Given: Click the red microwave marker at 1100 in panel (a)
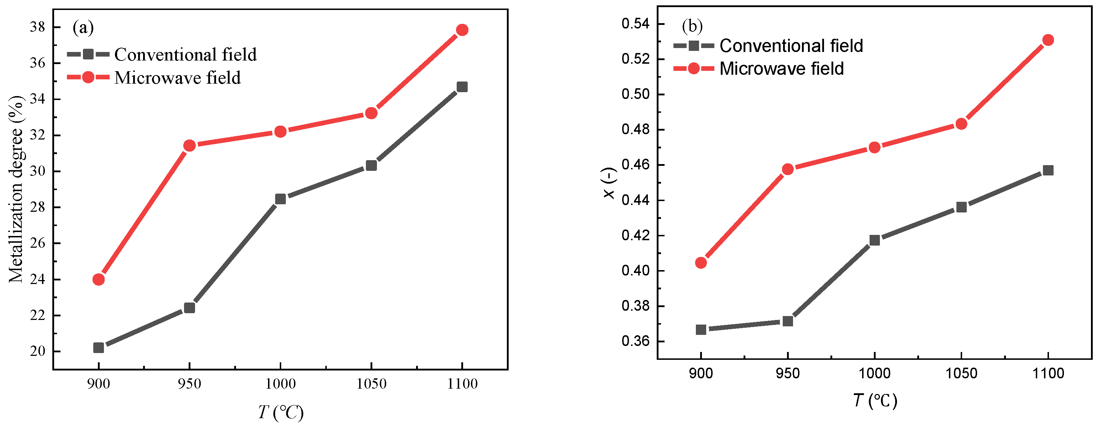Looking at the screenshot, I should (x=462, y=30).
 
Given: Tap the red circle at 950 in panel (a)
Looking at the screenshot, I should (x=189, y=146).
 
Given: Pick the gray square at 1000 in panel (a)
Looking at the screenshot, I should (x=280, y=199).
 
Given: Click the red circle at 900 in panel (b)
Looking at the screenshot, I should (x=701, y=263).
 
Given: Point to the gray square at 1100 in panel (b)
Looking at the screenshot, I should (x=1048, y=170).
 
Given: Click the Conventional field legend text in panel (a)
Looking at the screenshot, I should (x=185, y=55).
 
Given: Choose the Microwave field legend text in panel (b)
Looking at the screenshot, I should (x=781, y=69).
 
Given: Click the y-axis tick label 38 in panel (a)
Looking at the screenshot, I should (x=37, y=27).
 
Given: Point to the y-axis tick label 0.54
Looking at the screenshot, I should (x=635, y=23).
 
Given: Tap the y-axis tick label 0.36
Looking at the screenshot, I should (x=635, y=341).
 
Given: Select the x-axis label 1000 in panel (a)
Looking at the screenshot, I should (x=280, y=384).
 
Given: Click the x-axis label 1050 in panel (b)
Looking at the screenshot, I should (x=961, y=373).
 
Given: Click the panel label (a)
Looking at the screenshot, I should (x=83, y=27).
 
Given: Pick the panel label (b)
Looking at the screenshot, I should (x=692, y=26).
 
